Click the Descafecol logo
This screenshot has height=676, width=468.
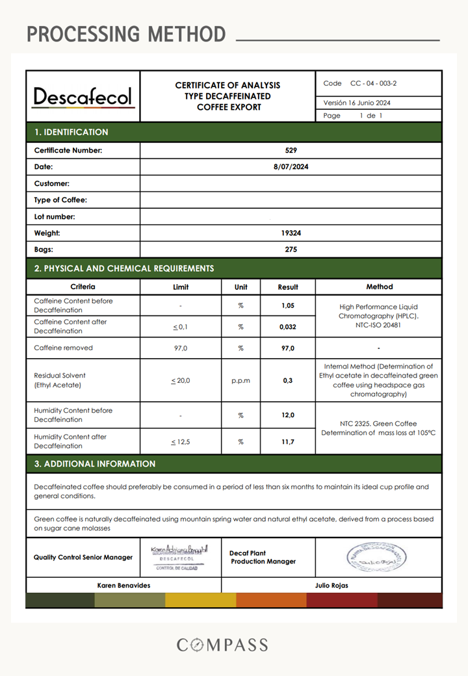(83, 97)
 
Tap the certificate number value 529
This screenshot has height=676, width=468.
(291, 150)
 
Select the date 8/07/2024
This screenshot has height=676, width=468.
(291, 167)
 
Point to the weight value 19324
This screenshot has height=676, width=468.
(291, 233)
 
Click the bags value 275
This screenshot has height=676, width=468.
(291, 249)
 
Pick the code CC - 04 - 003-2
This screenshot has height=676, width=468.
(373, 83)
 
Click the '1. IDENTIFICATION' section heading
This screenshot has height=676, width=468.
(71, 132)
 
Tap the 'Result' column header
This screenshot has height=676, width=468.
(288, 287)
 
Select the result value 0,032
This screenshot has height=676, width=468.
(287, 327)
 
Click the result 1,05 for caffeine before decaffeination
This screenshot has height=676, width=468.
(287, 305)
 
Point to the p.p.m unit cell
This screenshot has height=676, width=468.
(240, 380)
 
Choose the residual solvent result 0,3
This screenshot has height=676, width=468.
(287, 380)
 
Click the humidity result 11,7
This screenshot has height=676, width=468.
(287, 441)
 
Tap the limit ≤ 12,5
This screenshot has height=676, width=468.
(180, 441)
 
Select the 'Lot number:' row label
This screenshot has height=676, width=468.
(55, 216)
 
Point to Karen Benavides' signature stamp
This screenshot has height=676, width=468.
(179, 557)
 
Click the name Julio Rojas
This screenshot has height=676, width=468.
(331, 585)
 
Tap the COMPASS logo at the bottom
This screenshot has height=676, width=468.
(222, 645)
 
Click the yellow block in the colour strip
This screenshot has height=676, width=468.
(200, 600)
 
